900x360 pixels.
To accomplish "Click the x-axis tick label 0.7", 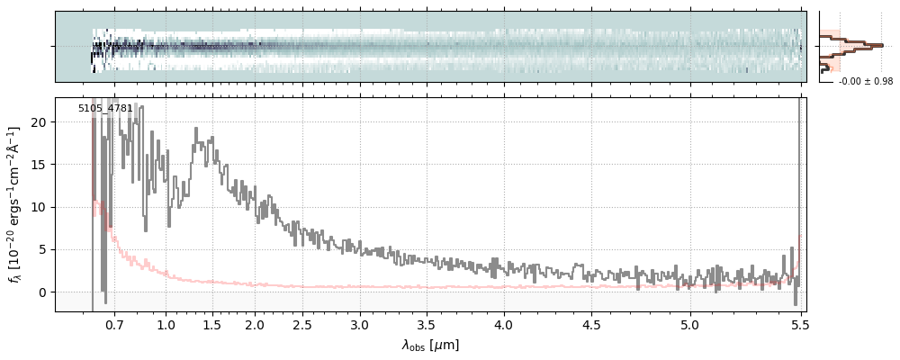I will tap(114, 325).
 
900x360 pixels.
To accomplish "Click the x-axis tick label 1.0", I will tap(166, 325).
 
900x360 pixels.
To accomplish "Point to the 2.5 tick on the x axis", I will tap(302, 325).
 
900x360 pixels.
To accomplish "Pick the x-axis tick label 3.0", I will tap(359, 325).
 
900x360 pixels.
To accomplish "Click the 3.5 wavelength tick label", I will tap(430, 325).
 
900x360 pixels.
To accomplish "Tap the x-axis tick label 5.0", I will tap(690, 325).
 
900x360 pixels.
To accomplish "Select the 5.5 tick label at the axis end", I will tap(798, 325).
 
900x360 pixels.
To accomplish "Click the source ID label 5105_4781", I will tap(105, 108).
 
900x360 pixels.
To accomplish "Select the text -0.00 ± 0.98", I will tap(866, 82).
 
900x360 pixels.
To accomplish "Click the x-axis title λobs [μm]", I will tap(430, 345).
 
